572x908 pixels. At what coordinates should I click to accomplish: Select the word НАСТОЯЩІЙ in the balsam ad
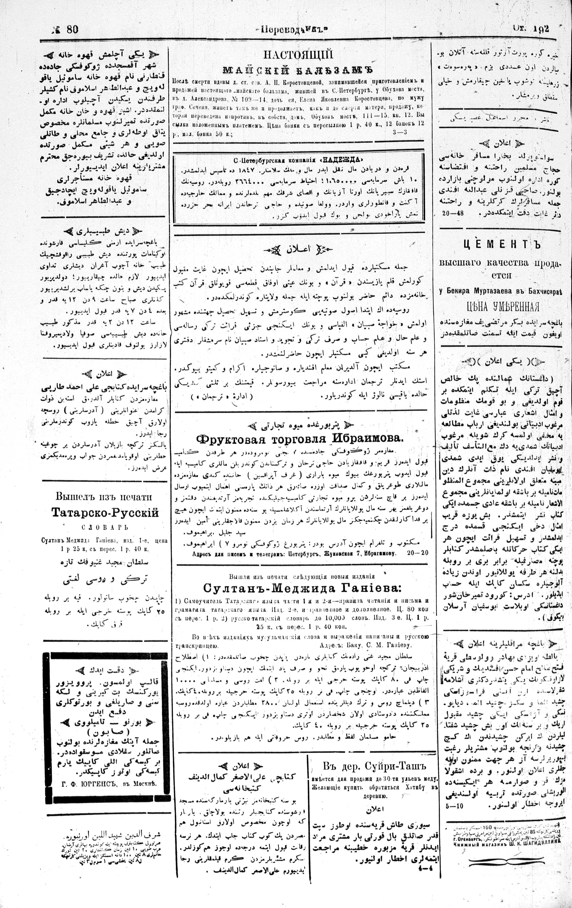click(298, 56)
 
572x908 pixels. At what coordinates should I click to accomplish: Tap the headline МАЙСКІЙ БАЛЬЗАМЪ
click(298, 70)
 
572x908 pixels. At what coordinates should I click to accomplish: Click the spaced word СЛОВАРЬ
click(105, 527)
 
